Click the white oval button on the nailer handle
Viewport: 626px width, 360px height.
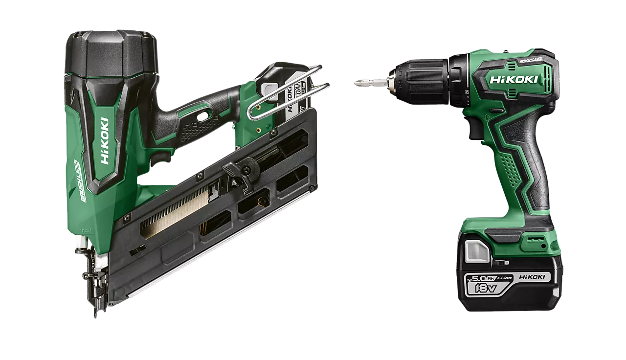201,116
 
